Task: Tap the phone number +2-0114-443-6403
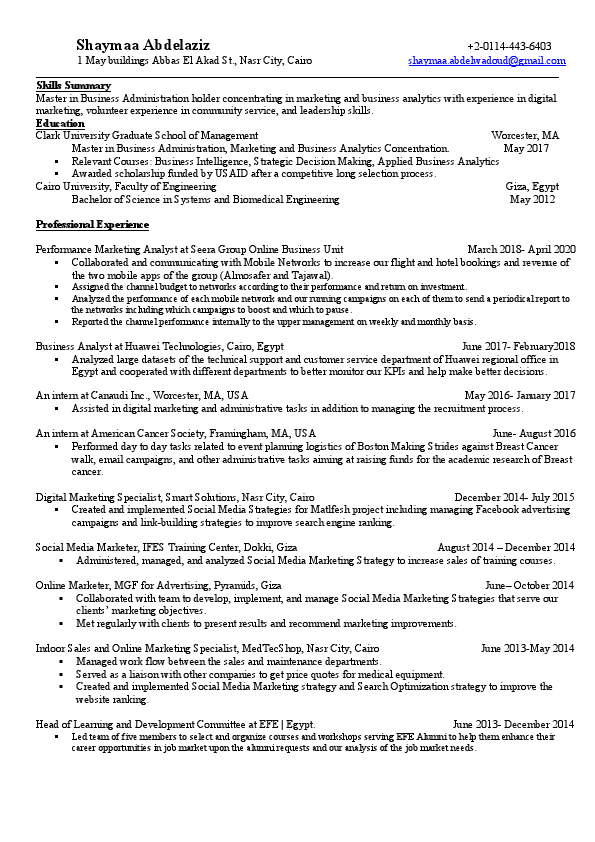(508, 47)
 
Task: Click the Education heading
(60, 123)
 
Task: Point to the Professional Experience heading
(92, 224)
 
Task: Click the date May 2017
(526, 148)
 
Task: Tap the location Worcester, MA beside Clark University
(525, 135)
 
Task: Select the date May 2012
(532, 199)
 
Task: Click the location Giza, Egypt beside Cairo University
(532, 186)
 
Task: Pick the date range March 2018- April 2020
(521, 249)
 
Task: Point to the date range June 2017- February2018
(518, 346)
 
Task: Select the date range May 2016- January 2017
(519, 395)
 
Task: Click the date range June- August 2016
(533, 433)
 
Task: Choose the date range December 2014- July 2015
(514, 497)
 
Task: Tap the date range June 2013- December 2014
(513, 724)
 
